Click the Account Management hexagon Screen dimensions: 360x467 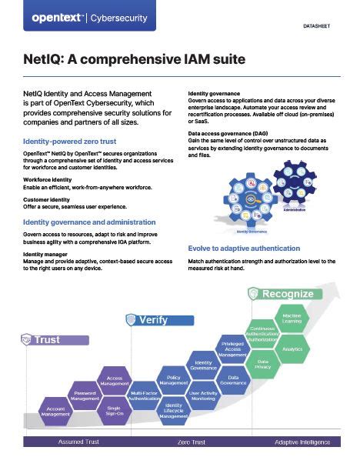pos(55,411)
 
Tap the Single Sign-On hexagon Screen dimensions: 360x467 pos(113,411)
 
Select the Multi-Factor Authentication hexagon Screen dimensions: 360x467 pos(145,395)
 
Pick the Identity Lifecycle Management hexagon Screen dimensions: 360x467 pos(174,410)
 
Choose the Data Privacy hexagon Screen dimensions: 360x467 pos(262,365)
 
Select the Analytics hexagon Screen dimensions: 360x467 pos(292,349)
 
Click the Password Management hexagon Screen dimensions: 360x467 pos(85,395)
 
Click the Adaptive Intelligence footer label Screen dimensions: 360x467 pos(303,443)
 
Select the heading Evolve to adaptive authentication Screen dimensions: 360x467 pos(244,248)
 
